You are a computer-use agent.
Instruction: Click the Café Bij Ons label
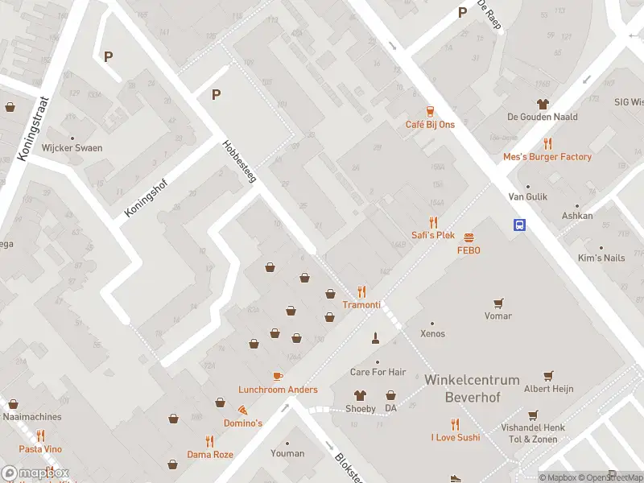pyautogui.click(x=430, y=125)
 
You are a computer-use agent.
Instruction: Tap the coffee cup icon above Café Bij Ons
pyautogui.click(x=430, y=112)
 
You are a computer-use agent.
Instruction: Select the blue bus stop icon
pyautogui.click(x=520, y=225)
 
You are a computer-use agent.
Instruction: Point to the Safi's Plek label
pyautogui.click(x=433, y=236)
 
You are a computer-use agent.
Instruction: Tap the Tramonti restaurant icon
pyautogui.click(x=361, y=292)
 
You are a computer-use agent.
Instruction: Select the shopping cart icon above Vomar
pyautogui.click(x=498, y=303)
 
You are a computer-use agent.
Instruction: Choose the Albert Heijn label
pyautogui.click(x=548, y=389)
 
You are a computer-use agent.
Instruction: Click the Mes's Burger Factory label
pyautogui.click(x=547, y=157)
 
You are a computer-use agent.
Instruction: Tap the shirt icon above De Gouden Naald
pyautogui.click(x=543, y=104)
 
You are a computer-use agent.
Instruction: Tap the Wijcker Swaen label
pyautogui.click(x=72, y=149)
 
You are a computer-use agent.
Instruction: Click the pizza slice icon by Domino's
pyautogui.click(x=242, y=410)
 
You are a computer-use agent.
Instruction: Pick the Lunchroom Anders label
pyautogui.click(x=278, y=390)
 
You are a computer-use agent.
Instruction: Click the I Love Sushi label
pyautogui.click(x=455, y=437)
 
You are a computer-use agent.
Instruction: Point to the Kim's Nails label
pyautogui.click(x=601, y=258)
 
